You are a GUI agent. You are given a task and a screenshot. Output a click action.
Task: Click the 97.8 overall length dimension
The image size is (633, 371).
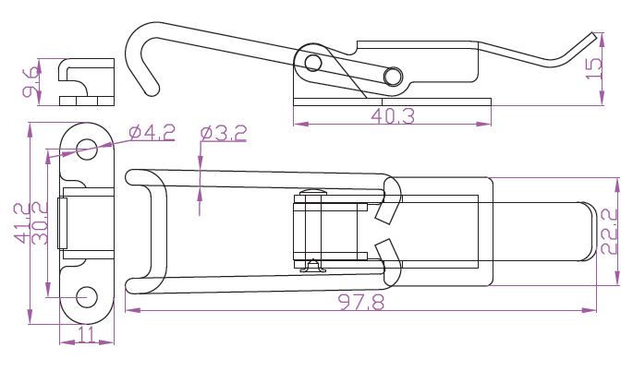361,302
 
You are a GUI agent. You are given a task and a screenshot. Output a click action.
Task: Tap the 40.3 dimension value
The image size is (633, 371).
393,116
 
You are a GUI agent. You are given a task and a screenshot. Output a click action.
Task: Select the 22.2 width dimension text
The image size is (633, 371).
609,231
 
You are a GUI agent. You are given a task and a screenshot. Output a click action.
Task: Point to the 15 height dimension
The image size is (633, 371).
593,68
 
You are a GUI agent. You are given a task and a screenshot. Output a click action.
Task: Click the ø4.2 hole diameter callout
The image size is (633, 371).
152,132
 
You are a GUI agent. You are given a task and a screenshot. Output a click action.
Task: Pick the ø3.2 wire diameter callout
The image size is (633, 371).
224,133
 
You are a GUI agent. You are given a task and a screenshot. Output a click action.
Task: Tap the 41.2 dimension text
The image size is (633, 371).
21,223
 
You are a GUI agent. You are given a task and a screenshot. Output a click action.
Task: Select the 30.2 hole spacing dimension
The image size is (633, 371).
40,223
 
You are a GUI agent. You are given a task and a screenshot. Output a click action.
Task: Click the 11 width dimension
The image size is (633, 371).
86,334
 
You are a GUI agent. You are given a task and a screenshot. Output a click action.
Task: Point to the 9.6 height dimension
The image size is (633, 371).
31,82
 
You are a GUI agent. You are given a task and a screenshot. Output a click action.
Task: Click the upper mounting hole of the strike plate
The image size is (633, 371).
87,150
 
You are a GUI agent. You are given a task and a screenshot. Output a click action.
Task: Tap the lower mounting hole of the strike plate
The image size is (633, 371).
87,297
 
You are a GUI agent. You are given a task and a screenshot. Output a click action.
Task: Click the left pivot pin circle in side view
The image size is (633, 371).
313,63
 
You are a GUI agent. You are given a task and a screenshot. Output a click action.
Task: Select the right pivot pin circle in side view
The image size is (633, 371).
393,77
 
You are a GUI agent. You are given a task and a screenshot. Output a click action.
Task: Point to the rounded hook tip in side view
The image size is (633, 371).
152,90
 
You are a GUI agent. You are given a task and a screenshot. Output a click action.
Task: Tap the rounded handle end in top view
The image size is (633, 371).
589,231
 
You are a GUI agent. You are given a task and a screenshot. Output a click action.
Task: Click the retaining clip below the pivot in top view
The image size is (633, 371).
312,266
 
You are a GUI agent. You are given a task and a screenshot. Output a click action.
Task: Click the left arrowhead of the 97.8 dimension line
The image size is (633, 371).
132,310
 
